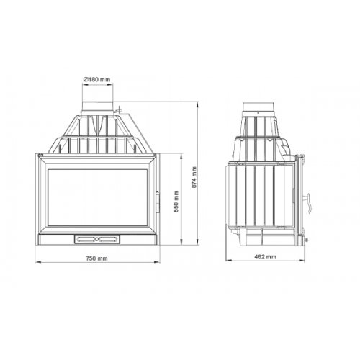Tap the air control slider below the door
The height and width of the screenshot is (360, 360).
96,237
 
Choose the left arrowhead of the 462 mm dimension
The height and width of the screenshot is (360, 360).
225,251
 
